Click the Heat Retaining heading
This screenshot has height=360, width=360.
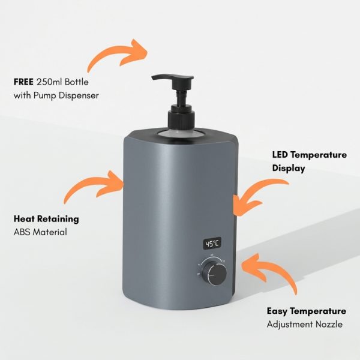click(46, 219)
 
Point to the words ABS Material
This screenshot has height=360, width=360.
click(40, 232)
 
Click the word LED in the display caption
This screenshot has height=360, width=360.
click(281, 155)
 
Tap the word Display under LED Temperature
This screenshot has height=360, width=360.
click(289, 168)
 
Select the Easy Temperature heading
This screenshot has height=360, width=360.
click(306, 311)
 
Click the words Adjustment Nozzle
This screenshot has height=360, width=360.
click(305, 324)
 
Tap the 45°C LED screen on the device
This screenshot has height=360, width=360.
click(212, 244)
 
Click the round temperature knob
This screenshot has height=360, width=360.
click(214, 272)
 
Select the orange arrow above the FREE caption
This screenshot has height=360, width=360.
click(118, 55)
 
